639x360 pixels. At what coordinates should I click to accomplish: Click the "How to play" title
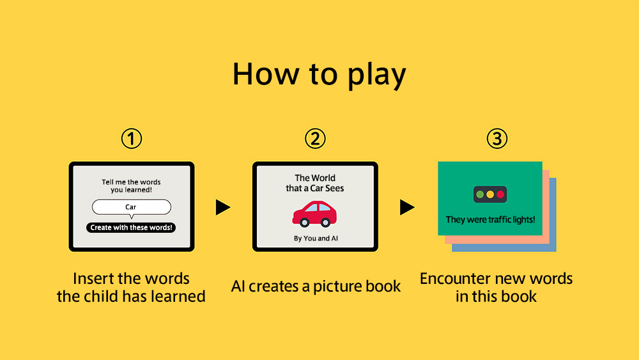pyautogui.click(x=319, y=75)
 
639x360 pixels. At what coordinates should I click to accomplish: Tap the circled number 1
pyautogui.click(x=132, y=139)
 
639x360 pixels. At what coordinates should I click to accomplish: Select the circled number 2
pyautogui.click(x=316, y=139)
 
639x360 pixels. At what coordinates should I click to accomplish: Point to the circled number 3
pyautogui.click(x=497, y=139)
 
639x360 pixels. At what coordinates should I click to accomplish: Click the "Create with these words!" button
pyautogui.click(x=131, y=228)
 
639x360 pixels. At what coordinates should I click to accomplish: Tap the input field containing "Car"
pyautogui.click(x=131, y=207)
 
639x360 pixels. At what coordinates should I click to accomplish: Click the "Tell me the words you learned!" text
pyautogui.click(x=131, y=186)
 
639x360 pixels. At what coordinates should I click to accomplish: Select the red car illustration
pyautogui.click(x=314, y=214)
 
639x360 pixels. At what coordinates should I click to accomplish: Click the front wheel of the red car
pyautogui.click(x=304, y=222)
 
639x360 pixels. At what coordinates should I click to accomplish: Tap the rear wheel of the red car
pyautogui.click(x=325, y=222)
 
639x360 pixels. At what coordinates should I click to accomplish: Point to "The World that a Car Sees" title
pyautogui.click(x=315, y=183)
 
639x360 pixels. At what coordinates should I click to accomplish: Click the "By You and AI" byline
pyautogui.click(x=316, y=239)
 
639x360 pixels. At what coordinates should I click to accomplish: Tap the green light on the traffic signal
pyautogui.click(x=480, y=194)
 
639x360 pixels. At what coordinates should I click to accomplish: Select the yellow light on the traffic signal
pyautogui.click(x=490, y=194)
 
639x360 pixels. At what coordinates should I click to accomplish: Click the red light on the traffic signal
pyautogui.click(x=500, y=194)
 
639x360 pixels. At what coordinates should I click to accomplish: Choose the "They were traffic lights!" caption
pyautogui.click(x=490, y=220)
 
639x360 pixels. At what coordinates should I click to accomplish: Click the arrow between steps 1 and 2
pyautogui.click(x=223, y=207)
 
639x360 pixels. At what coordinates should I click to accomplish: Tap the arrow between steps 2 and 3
pyautogui.click(x=407, y=207)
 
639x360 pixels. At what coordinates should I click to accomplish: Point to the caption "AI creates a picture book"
pyautogui.click(x=316, y=286)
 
